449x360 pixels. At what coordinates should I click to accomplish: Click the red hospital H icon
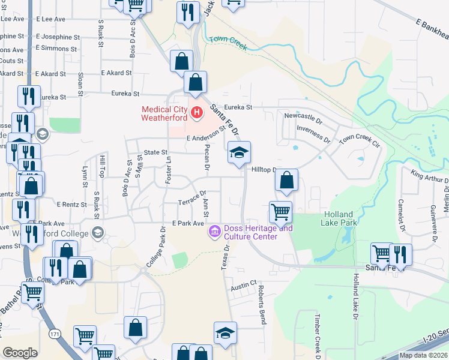196,113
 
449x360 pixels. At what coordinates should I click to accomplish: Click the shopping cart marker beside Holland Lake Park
280,212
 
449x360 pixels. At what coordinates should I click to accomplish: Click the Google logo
20,352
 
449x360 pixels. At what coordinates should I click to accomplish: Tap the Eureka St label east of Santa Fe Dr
239,107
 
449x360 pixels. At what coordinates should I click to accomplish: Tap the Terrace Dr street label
192,202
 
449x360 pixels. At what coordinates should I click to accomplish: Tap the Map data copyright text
423,355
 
